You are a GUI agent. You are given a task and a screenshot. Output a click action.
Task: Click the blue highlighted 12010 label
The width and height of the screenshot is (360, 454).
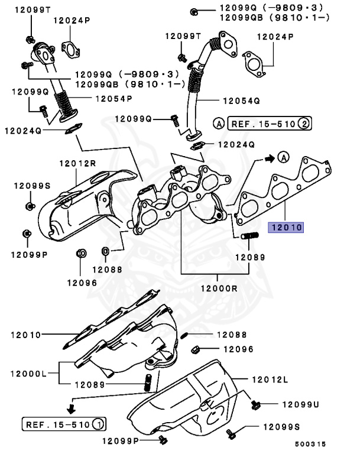tap(286, 226)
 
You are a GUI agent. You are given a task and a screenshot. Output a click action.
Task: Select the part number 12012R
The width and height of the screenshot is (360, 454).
tap(77, 163)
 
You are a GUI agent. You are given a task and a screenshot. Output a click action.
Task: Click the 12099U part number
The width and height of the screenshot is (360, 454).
tap(300, 404)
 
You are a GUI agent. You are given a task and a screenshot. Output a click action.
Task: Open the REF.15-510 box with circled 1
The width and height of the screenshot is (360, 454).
tap(64, 424)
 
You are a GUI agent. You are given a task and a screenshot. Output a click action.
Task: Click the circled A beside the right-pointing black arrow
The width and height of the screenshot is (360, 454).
tap(284, 157)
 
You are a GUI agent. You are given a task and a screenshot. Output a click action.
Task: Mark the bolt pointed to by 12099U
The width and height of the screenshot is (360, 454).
tap(256, 405)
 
